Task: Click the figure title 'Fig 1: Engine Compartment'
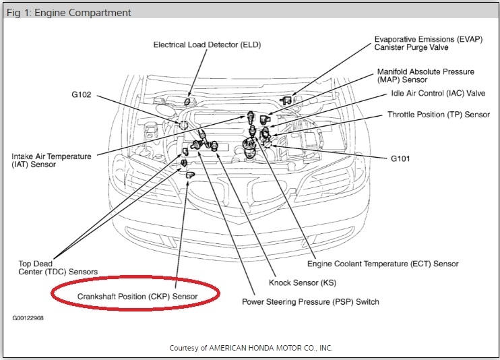pos(68,13)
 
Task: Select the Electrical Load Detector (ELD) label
pos(207,45)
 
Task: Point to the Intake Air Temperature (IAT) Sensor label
pos(51,160)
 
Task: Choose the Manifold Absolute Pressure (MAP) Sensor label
pos(435,76)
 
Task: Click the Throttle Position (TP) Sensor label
pos(438,115)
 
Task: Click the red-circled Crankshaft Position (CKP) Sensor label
pos(137,295)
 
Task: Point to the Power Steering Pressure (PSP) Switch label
pos(311,301)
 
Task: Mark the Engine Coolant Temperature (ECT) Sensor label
pos(383,264)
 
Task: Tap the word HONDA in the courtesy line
pos(266,348)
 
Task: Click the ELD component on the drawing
pos(189,101)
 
